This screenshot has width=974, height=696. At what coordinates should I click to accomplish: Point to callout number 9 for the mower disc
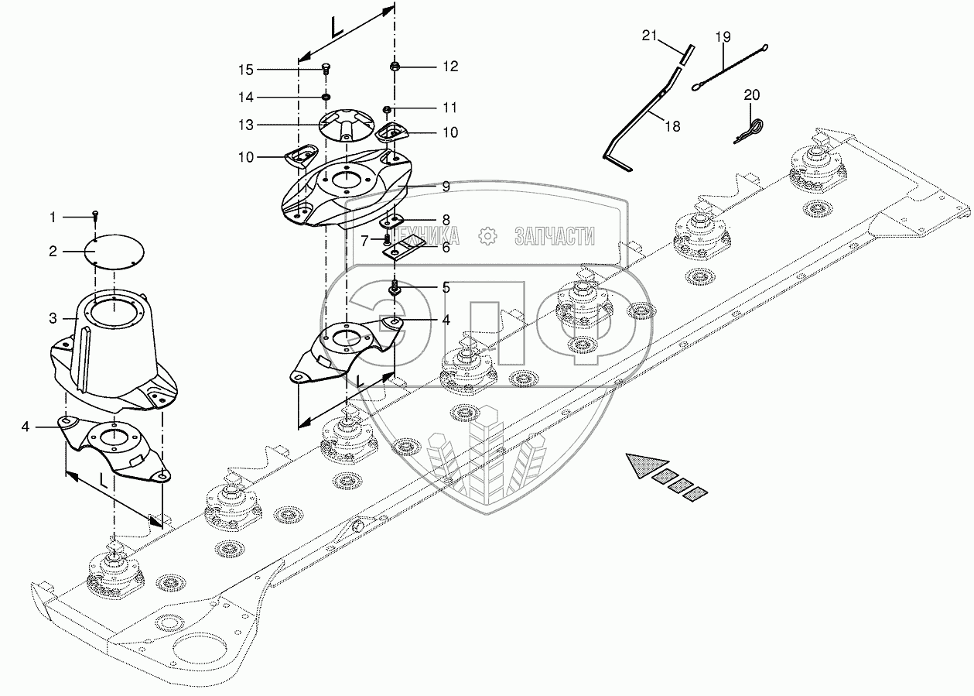(446, 187)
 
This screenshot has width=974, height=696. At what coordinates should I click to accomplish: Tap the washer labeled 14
(326, 97)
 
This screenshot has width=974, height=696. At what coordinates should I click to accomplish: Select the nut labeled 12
(395, 67)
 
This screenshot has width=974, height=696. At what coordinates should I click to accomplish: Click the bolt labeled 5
(395, 290)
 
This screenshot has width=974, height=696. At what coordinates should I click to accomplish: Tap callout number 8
(446, 220)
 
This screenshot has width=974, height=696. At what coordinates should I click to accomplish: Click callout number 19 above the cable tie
(723, 36)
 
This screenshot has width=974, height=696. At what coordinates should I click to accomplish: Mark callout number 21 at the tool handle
(648, 35)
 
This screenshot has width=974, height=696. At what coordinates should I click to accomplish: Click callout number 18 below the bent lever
(672, 126)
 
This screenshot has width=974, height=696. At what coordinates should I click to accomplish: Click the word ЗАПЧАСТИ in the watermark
(554, 236)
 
